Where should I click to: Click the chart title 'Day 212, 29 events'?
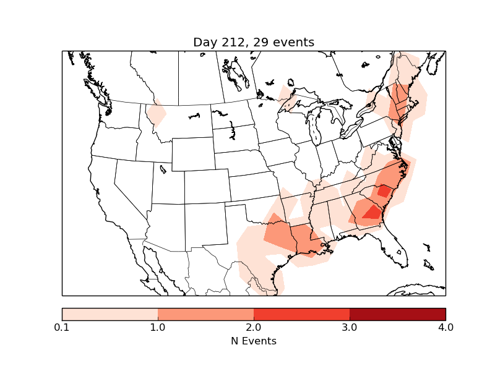(254, 42)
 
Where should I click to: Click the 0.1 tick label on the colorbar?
(62, 327)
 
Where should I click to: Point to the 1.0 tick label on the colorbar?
(158, 327)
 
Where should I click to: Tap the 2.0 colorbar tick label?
(254, 327)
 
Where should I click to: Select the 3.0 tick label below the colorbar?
(350, 327)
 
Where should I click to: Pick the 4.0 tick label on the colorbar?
(445, 327)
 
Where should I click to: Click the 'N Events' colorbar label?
(254, 341)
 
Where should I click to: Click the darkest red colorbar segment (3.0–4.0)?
(397, 314)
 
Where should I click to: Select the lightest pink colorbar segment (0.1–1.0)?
(110, 314)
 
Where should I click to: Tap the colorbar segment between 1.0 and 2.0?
(205, 314)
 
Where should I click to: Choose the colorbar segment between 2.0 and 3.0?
(301, 314)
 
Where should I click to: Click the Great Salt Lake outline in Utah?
(162, 168)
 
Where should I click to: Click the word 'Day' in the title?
(205, 42)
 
